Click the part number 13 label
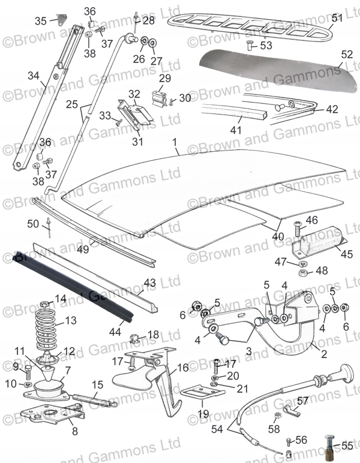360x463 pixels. pyautogui.click(x=71, y=321)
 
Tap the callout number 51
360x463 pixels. pyautogui.click(x=337, y=18)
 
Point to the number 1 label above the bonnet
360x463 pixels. pyautogui.click(x=175, y=143)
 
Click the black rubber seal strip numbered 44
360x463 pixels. pyautogui.click(x=72, y=285)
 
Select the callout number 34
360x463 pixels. pyautogui.click(x=33, y=76)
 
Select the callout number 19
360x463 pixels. pyautogui.click(x=203, y=414)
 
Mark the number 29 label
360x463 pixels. pyautogui.click(x=164, y=79)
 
